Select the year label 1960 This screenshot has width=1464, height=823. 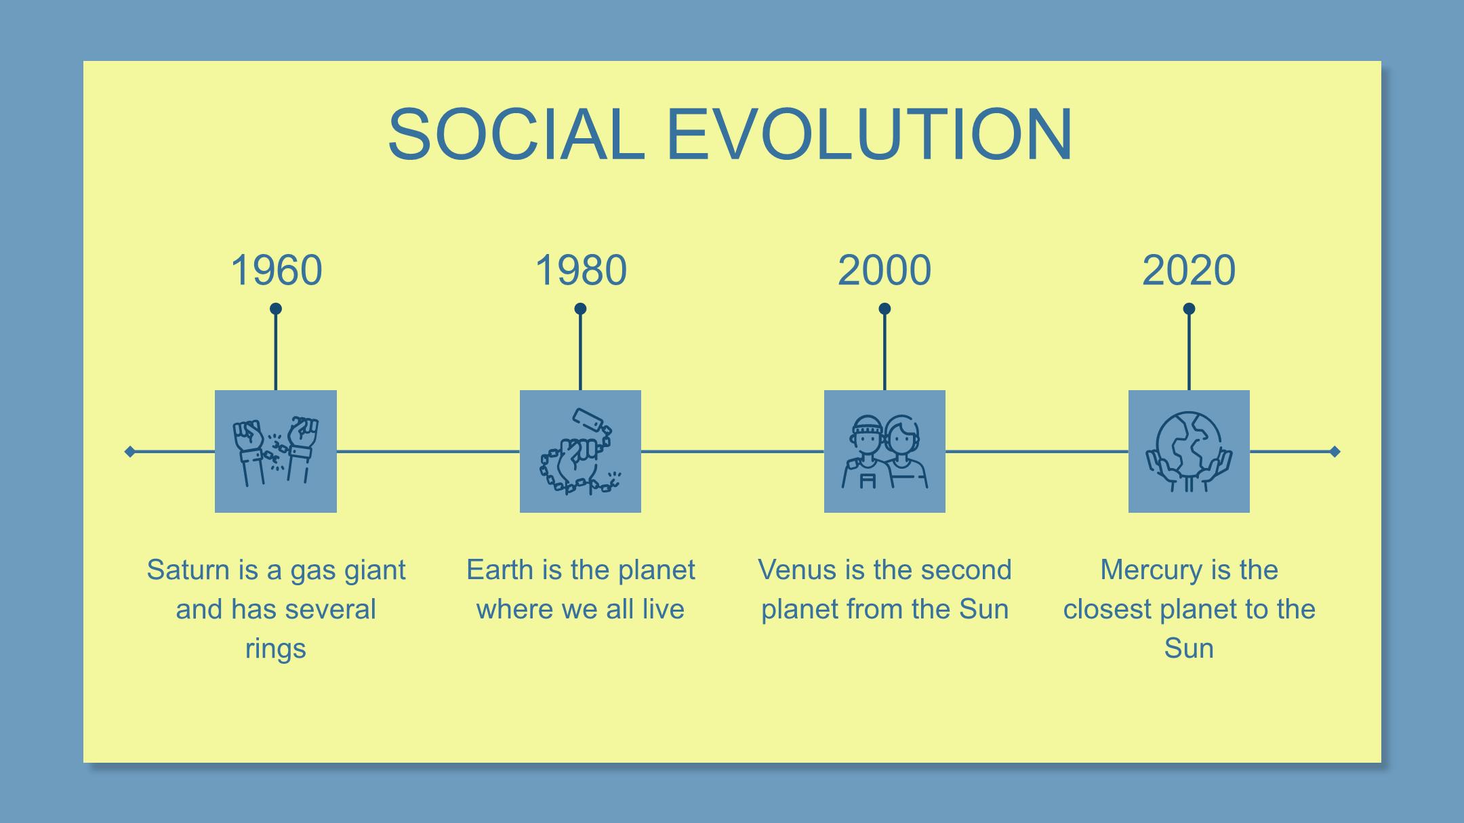[276, 270]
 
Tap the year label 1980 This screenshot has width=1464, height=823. [581, 270]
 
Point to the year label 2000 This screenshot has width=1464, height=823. [884, 270]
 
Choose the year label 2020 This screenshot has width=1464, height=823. [1189, 270]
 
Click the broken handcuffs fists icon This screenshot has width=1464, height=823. [276, 451]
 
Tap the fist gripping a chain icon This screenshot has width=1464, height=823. [581, 451]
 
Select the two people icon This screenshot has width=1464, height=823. [884, 451]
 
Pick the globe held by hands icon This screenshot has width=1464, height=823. [1189, 451]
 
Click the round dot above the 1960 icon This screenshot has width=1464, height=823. [276, 309]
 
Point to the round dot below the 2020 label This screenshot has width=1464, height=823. [1189, 309]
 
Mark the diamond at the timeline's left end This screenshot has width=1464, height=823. [130, 451]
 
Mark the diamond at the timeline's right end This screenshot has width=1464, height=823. [1335, 451]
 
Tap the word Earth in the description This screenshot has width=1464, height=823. [500, 570]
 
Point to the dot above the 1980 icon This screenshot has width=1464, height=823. [580, 309]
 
